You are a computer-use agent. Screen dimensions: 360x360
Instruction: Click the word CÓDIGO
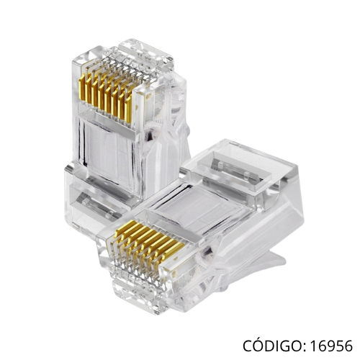coord(273,345)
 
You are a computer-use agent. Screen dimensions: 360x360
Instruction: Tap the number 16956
coord(331,346)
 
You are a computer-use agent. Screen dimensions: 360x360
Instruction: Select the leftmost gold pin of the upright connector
coord(82,87)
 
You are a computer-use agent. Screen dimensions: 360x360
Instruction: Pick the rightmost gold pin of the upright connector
coord(128,108)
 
